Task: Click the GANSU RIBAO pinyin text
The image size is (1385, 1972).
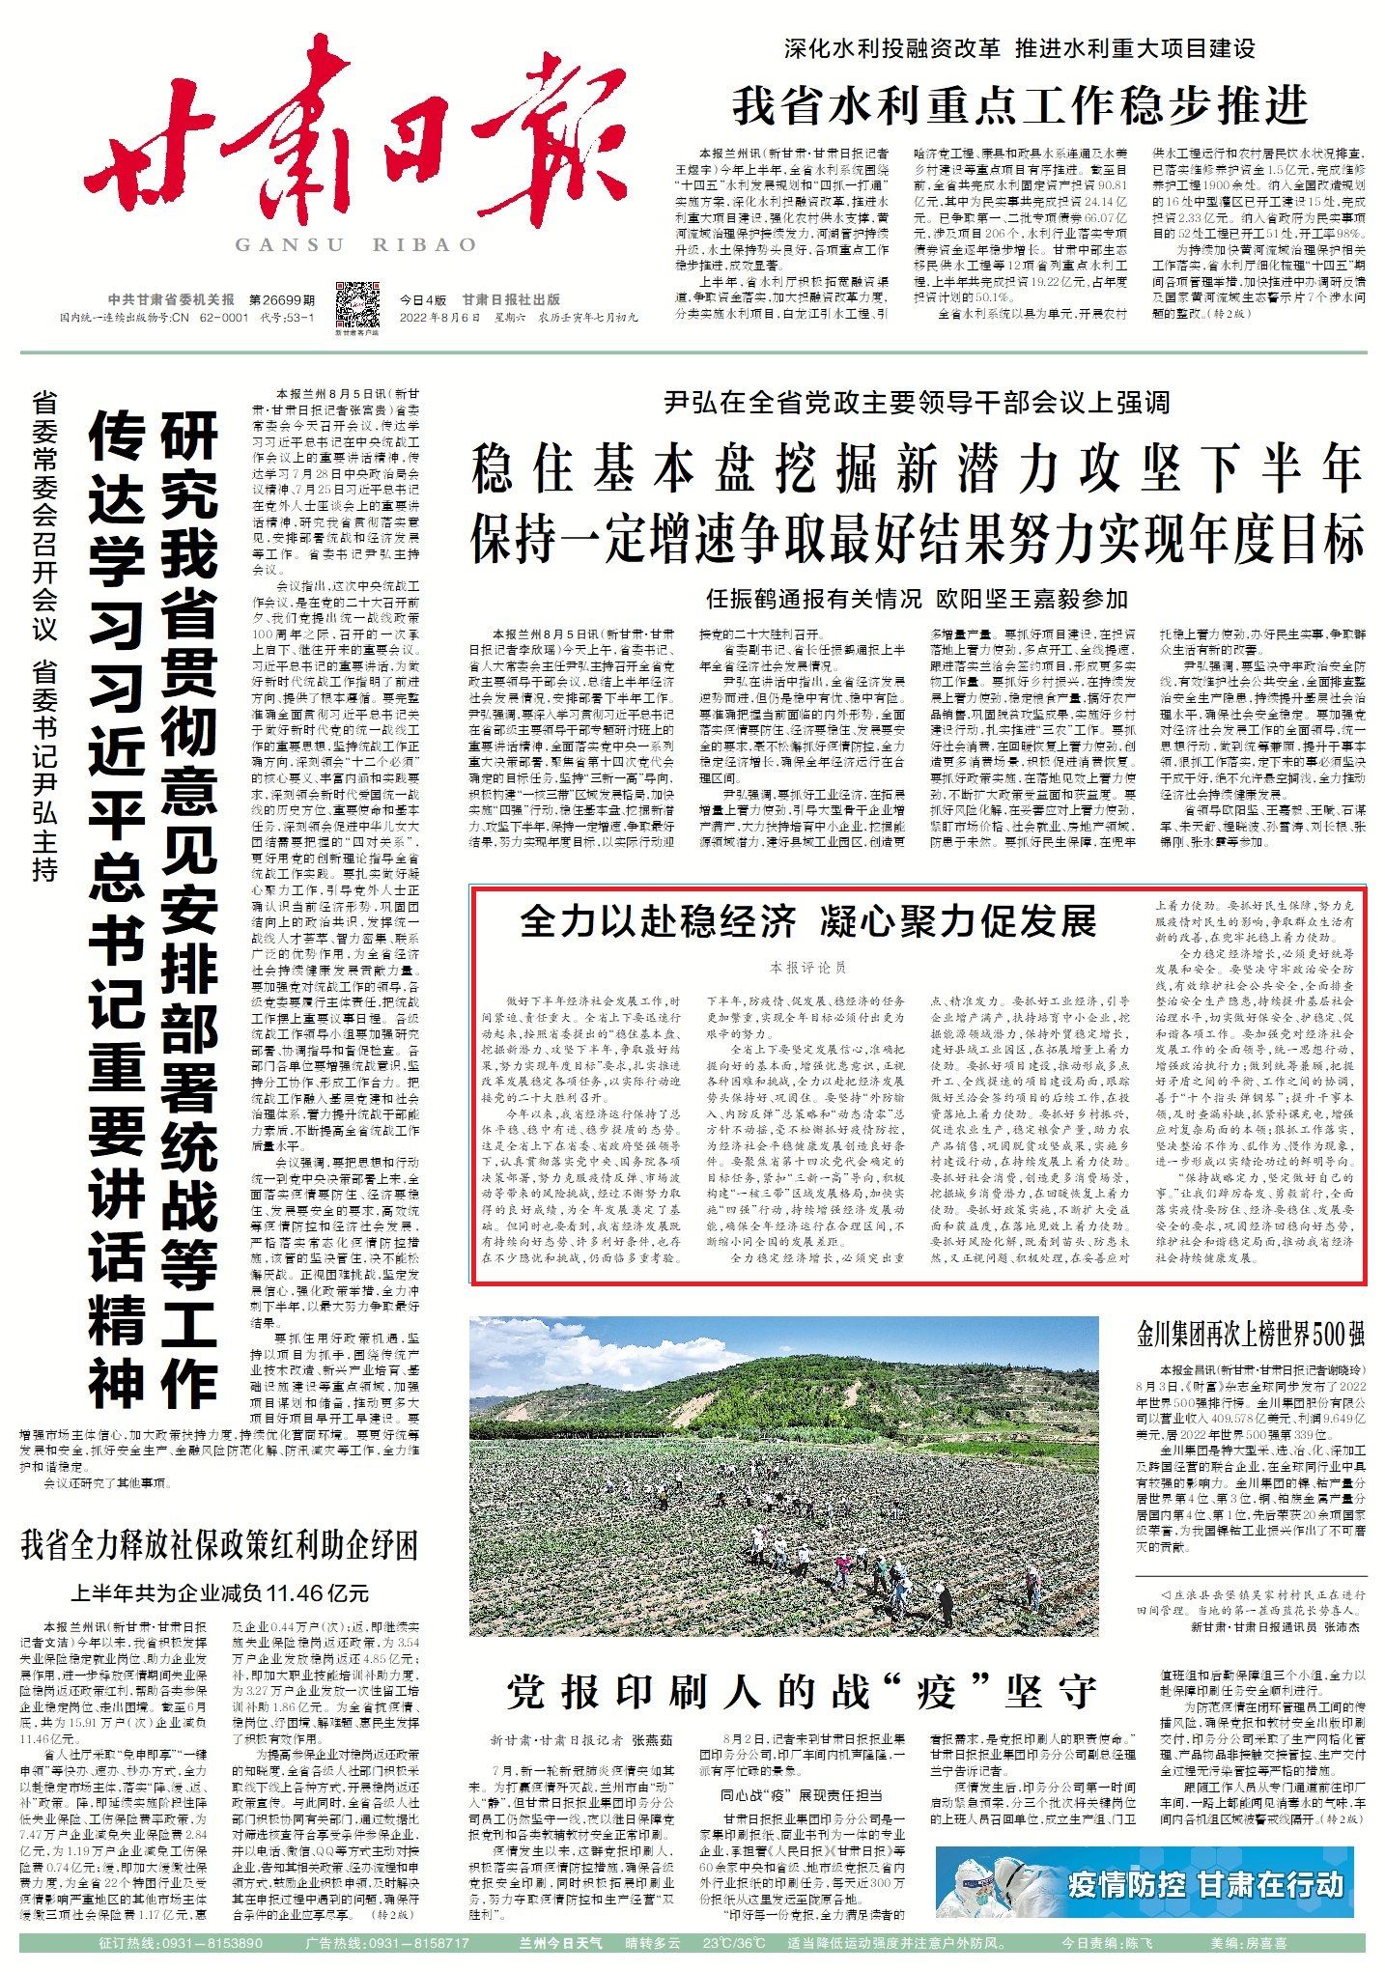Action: [356, 245]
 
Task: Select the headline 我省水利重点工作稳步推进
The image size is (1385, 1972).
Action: [1020, 105]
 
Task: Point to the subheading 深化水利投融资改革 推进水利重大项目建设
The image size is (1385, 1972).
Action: [1018, 47]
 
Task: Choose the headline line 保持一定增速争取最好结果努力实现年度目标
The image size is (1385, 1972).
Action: [917, 539]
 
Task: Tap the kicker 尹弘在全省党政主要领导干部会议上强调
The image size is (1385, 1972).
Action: [917, 403]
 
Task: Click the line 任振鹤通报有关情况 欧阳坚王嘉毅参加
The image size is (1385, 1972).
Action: [917, 600]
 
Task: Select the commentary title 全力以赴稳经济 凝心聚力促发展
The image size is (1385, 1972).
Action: [808, 921]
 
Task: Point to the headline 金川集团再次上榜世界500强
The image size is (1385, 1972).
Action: [1250, 1336]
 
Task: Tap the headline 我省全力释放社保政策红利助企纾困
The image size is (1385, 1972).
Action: [219, 1546]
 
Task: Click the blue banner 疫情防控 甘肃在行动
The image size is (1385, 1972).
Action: [1144, 1883]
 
